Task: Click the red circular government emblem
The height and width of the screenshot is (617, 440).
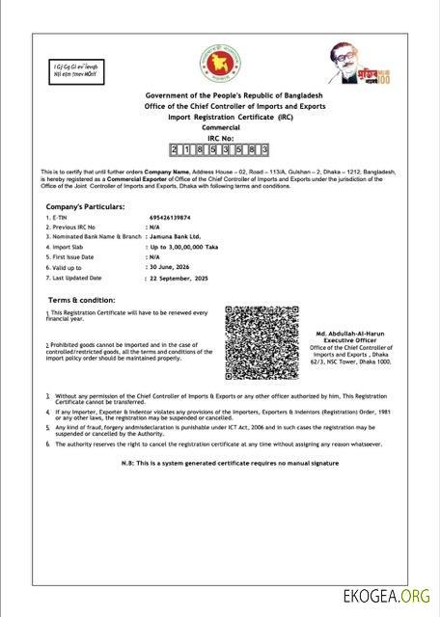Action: [220, 64]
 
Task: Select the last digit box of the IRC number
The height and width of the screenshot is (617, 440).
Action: [264, 150]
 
